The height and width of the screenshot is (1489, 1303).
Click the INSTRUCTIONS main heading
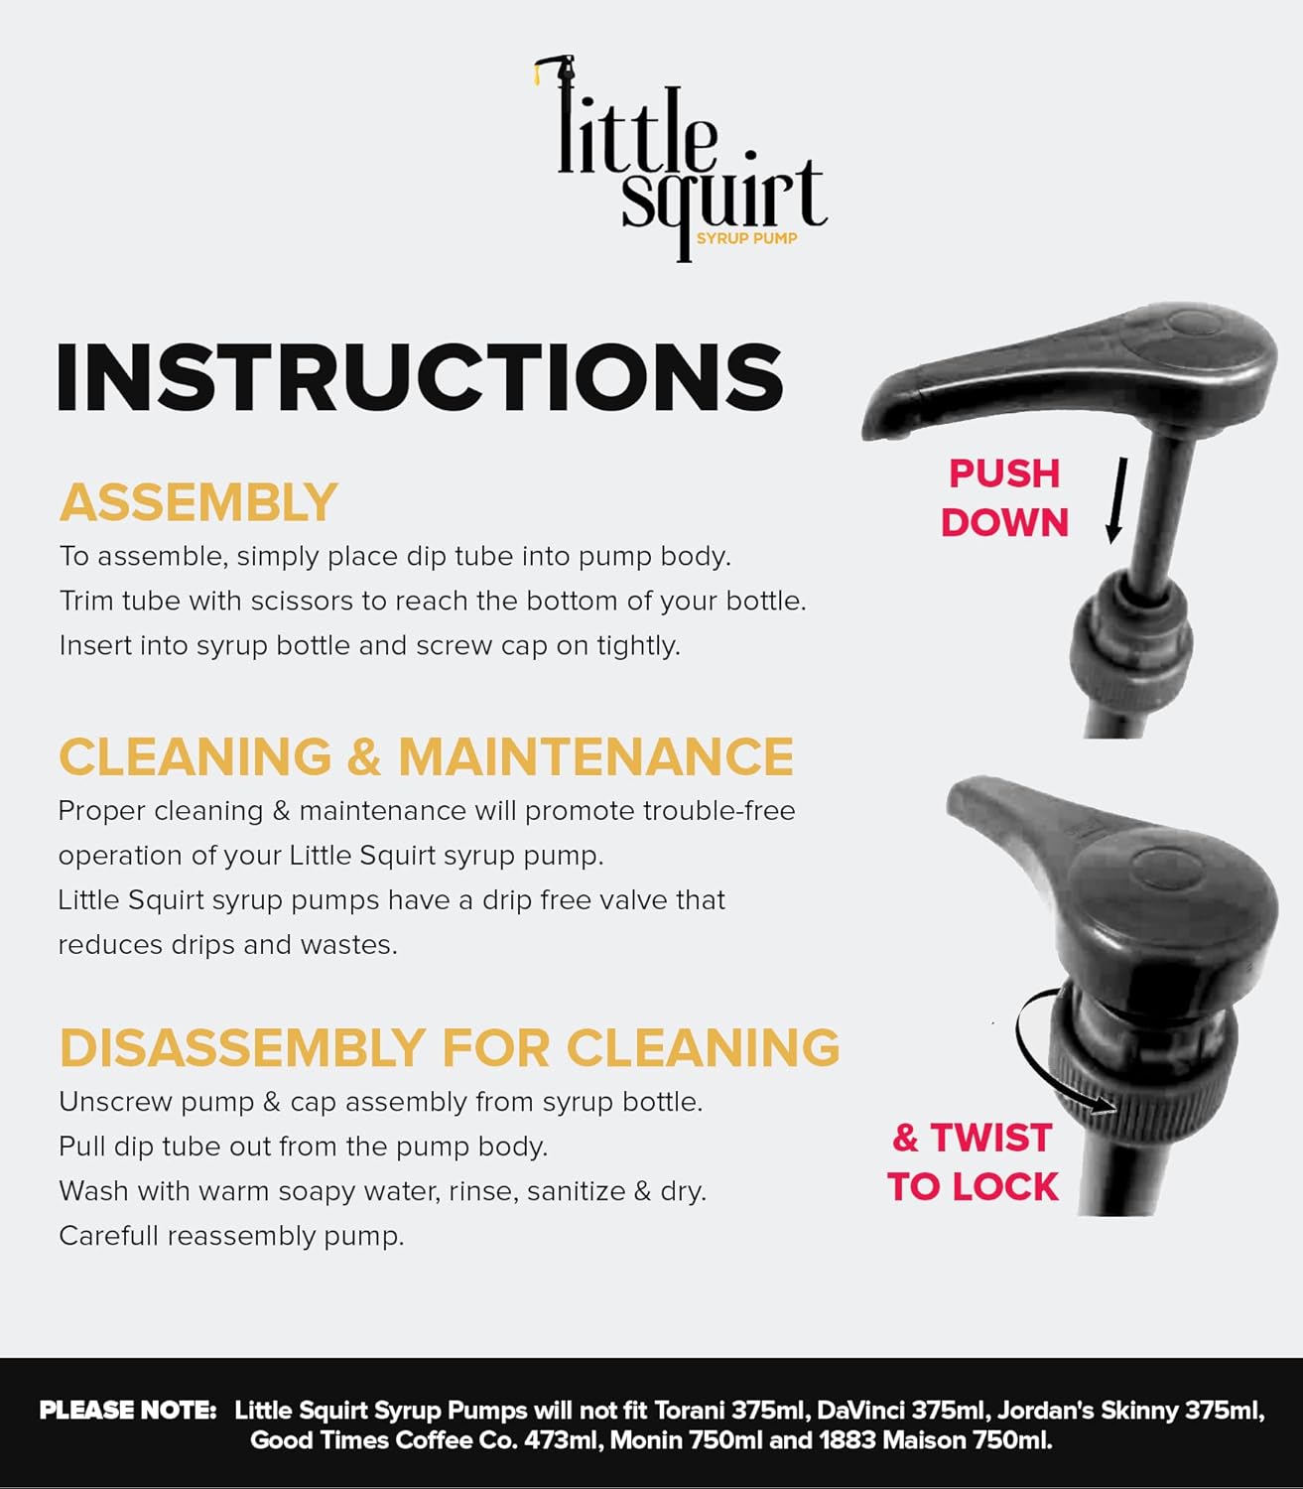pos(421,377)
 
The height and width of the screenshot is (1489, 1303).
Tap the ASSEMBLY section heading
pos(198,502)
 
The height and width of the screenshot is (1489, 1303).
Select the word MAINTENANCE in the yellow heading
pos(595,756)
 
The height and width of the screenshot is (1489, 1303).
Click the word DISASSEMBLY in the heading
pos(242,1048)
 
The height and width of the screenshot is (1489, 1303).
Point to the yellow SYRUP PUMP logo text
pos(746,238)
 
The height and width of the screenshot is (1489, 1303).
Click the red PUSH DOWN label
pos(1004,498)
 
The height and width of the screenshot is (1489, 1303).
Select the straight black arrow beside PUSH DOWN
pos(1116,500)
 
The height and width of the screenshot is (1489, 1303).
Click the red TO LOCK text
pos(973,1187)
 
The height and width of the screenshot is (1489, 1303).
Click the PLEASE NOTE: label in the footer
pos(128,1410)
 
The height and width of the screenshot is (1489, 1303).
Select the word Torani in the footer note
pos(689,1410)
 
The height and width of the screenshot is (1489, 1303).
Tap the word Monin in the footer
pos(645,1439)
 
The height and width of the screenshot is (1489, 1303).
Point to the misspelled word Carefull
pos(108,1235)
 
